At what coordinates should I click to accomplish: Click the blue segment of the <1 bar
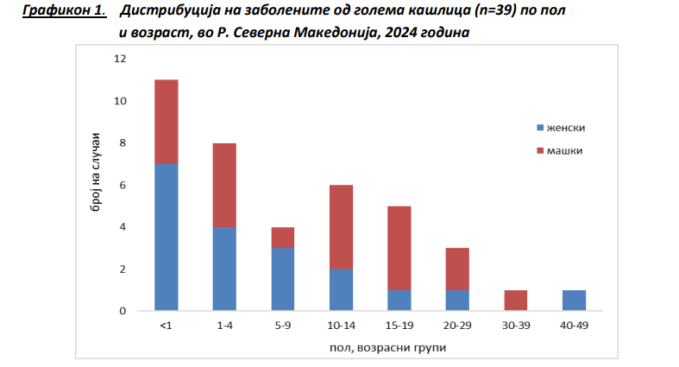166,237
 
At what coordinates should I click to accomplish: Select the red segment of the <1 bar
166,121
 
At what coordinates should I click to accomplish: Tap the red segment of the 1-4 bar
224,185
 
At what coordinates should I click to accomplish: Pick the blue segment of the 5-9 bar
282,279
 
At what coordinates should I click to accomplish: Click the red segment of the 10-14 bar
341,226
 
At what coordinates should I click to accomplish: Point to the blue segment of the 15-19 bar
399,300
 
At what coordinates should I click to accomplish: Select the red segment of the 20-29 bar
457,268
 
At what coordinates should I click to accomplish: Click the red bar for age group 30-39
515,300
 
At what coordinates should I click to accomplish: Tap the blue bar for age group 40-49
574,300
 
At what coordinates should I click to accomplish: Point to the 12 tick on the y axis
120,59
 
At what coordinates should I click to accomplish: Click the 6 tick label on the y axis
123,185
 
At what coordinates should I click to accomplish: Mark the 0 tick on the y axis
123,311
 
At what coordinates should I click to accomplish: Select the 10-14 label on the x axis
341,326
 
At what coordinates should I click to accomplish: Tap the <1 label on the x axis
166,326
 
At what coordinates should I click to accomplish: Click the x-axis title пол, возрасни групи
369,347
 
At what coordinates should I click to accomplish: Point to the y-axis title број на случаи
97,185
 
